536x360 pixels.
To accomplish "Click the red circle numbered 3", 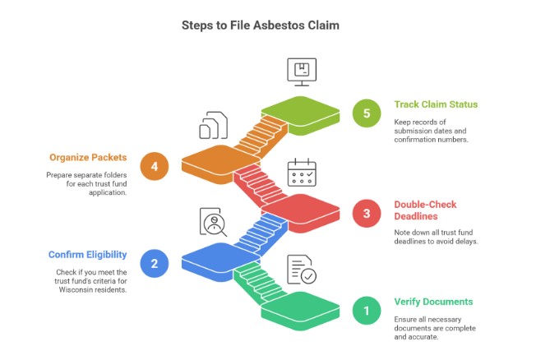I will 366,215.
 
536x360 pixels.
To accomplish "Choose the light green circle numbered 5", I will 366,113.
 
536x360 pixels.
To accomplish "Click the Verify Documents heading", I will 434,302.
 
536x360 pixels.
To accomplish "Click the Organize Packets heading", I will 88,157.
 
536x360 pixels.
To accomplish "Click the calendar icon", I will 301,174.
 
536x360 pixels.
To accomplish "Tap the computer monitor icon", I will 301,72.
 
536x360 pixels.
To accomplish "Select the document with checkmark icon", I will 301,270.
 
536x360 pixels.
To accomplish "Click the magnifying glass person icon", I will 214,223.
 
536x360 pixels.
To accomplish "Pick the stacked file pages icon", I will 213,127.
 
